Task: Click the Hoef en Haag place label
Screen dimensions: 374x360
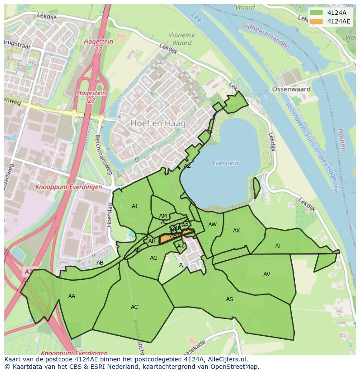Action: pos(158,123)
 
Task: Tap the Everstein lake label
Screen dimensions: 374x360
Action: pos(225,163)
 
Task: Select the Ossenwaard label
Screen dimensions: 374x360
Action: pos(291,89)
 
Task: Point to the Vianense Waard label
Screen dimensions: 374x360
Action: pos(182,39)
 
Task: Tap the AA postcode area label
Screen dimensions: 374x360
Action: pos(72,296)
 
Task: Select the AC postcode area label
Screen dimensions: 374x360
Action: pos(134,307)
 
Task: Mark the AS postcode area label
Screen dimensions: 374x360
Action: pos(229,299)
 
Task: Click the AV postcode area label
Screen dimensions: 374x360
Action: pos(267,274)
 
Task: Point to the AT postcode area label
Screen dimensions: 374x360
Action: pos(278,246)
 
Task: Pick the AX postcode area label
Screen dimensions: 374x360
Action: pos(237,231)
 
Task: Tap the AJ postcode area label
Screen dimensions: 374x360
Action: pos(135,206)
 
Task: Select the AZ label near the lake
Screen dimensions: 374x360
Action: pos(187,166)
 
